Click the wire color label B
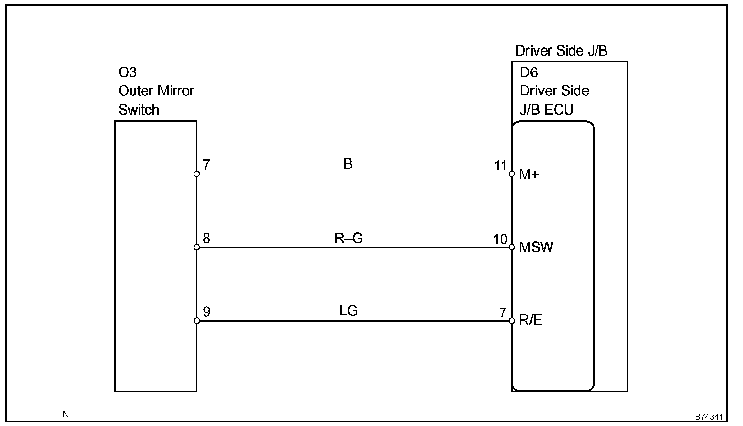click(348, 164)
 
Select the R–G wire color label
click(349, 238)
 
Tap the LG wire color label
click(349, 311)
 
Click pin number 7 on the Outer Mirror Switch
click(206, 165)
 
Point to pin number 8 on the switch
click(206, 238)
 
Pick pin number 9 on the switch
click(206, 312)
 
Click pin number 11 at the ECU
click(500, 165)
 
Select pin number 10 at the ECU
click(500, 239)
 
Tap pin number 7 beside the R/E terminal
click(503, 312)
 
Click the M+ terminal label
click(529, 175)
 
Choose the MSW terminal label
click(536, 248)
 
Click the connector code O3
click(127, 72)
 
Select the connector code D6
click(529, 72)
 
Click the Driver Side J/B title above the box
click(561, 51)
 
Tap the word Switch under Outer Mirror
click(139, 110)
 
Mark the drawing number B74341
click(710, 417)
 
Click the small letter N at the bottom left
click(65, 414)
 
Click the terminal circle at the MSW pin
click(512, 247)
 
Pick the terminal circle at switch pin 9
click(197, 321)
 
